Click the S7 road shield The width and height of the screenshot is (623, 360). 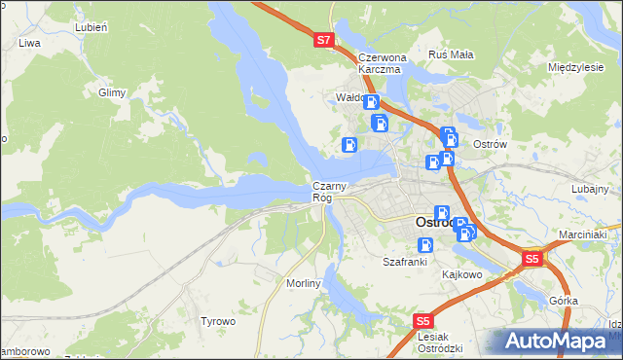tap(325, 41)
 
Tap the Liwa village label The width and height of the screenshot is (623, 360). tap(28, 43)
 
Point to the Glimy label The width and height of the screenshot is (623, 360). tap(112, 92)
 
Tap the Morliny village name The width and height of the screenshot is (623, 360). tap(304, 282)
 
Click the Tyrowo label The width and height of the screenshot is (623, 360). tap(218, 321)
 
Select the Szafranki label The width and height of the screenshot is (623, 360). tap(406, 262)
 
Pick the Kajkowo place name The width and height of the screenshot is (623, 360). tap(462, 274)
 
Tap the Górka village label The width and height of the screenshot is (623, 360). tap(564, 302)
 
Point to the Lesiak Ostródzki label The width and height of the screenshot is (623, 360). tap(438, 342)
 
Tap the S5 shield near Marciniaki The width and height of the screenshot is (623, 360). tap(531, 259)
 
